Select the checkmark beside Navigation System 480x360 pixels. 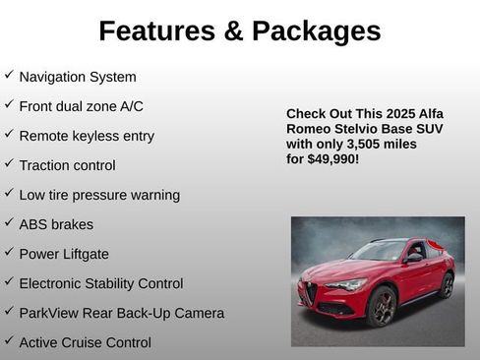point(9,75)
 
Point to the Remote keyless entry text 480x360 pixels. point(87,136)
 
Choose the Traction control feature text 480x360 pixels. point(67,165)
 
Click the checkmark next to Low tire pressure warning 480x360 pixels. point(9,193)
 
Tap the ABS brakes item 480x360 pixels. point(56,224)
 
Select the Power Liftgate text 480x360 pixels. point(64,254)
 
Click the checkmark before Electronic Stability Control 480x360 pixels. point(9,281)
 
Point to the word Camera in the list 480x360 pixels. point(198,313)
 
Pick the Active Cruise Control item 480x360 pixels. point(85,342)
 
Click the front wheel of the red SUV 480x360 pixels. point(382,307)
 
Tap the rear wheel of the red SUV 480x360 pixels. point(447,285)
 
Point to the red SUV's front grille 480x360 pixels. point(311,293)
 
